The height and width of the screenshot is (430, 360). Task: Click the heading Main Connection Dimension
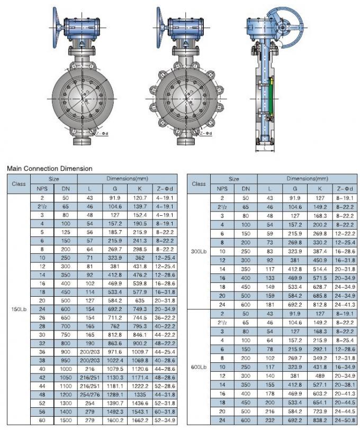click(x=49, y=169)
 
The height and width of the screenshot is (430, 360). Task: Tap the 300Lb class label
click(x=199, y=251)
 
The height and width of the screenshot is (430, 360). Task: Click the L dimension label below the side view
click(x=264, y=150)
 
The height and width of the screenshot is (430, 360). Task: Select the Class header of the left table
click(x=19, y=184)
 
